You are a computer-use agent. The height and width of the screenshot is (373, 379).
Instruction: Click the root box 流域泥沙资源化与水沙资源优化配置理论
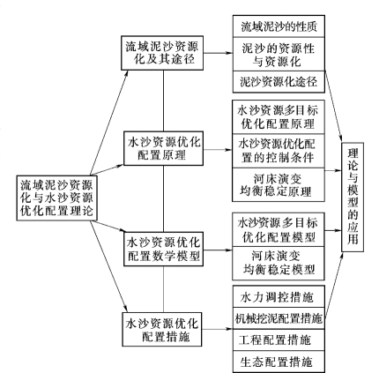tap(56, 198)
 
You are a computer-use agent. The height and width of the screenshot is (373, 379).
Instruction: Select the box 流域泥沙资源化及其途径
tap(162, 53)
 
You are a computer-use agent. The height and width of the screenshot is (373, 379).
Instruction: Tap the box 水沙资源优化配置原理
tap(163, 148)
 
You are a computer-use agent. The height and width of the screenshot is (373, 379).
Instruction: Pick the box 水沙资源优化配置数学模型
tap(163, 250)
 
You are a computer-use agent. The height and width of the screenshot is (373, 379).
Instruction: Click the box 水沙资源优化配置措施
tap(162, 329)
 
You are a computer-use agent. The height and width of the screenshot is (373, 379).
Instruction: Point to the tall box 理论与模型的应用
tap(353, 198)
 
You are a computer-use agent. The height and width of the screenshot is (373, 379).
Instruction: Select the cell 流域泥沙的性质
tap(279, 26)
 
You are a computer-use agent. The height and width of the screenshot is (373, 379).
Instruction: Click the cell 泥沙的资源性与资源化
tap(279, 54)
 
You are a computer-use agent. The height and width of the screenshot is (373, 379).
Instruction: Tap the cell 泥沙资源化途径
tap(279, 82)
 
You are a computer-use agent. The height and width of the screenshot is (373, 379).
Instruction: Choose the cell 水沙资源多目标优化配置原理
tap(279, 117)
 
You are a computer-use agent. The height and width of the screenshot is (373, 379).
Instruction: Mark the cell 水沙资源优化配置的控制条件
tap(279, 151)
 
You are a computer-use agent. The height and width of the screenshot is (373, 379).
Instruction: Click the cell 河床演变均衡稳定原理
tap(279, 185)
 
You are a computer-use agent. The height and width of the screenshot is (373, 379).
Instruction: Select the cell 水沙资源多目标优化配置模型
tap(279, 229)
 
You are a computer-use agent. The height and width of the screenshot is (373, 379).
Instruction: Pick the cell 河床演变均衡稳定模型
tap(279, 264)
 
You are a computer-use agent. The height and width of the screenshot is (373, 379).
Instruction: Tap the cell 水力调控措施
tap(279, 296)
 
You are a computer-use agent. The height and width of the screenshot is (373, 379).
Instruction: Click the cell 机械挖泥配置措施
tap(279, 318)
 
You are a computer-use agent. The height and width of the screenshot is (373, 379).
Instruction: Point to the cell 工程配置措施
tap(279, 340)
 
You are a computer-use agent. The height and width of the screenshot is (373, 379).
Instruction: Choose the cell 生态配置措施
tap(279, 362)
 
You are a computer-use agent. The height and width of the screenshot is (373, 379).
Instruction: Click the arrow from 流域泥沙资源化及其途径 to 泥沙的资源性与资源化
tap(218, 53)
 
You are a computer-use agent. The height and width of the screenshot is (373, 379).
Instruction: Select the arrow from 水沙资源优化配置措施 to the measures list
tap(218, 329)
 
